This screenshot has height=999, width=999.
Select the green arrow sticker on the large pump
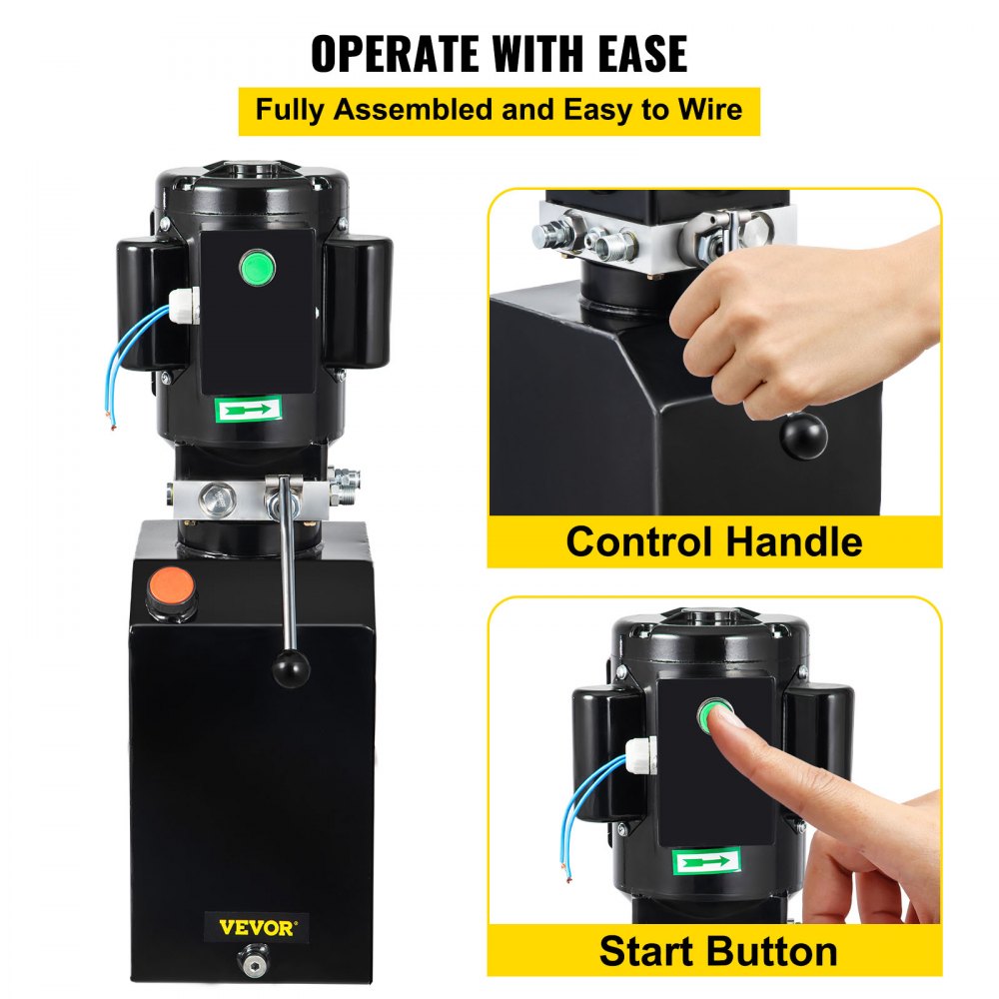(x=248, y=409)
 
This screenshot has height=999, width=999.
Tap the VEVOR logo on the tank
(x=258, y=928)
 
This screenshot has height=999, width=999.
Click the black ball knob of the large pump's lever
(x=291, y=668)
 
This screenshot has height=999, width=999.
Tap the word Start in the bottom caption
(x=647, y=951)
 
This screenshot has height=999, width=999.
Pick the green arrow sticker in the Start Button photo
(x=706, y=860)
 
